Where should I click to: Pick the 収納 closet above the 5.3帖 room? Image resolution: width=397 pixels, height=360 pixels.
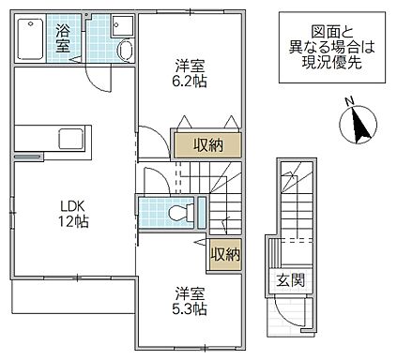[221, 253]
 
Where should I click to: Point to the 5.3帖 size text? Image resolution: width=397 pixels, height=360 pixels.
[189, 307]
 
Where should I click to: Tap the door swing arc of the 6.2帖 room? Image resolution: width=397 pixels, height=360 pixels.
[150, 141]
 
